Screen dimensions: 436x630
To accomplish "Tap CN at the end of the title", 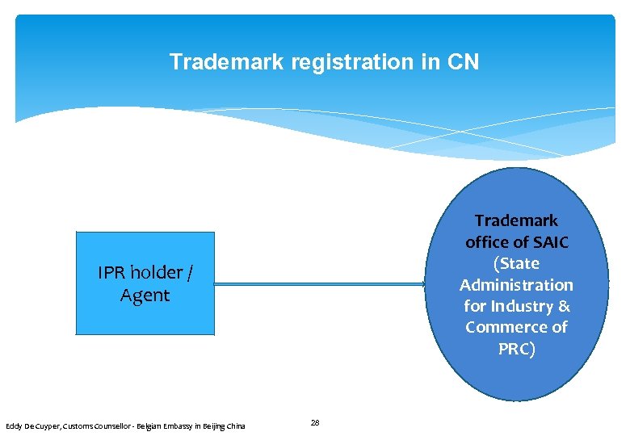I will tap(464, 61).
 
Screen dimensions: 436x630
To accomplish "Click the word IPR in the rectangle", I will tap(111, 273).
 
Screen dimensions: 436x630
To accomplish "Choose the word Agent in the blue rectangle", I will tap(145, 296).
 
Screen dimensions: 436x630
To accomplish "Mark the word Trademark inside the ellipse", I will tap(516, 220).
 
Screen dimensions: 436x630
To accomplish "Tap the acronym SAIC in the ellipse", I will tap(549, 241).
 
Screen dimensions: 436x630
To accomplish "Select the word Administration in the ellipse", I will tap(516, 285).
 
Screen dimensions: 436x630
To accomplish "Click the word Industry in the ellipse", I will tap(522, 306).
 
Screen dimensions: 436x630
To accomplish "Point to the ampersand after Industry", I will tap(564, 306).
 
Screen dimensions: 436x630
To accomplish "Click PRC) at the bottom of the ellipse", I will tap(516, 349).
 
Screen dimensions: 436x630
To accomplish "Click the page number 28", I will tap(315, 422).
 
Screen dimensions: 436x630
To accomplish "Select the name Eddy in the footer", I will tap(15, 426).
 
